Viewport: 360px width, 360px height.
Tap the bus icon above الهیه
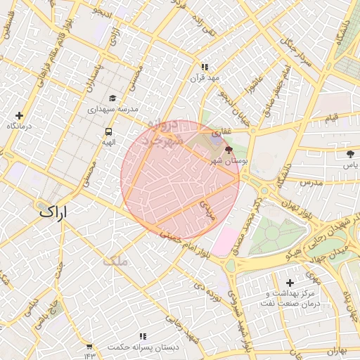[x=108, y=131]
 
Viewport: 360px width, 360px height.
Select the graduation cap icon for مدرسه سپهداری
[x=112, y=98]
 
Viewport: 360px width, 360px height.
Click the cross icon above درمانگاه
[x=19, y=115]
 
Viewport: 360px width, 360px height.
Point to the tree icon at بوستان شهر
[x=228, y=150]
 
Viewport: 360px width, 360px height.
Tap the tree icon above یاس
[x=350, y=153]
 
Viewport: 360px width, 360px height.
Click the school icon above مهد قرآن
[x=205, y=67]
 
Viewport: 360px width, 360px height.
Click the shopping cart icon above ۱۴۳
[x=89, y=347]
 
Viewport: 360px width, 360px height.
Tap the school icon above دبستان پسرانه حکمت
[x=143, y=337]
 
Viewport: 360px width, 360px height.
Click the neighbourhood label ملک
[x=115, y=260]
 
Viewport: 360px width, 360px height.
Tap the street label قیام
[x=331, y=117]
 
